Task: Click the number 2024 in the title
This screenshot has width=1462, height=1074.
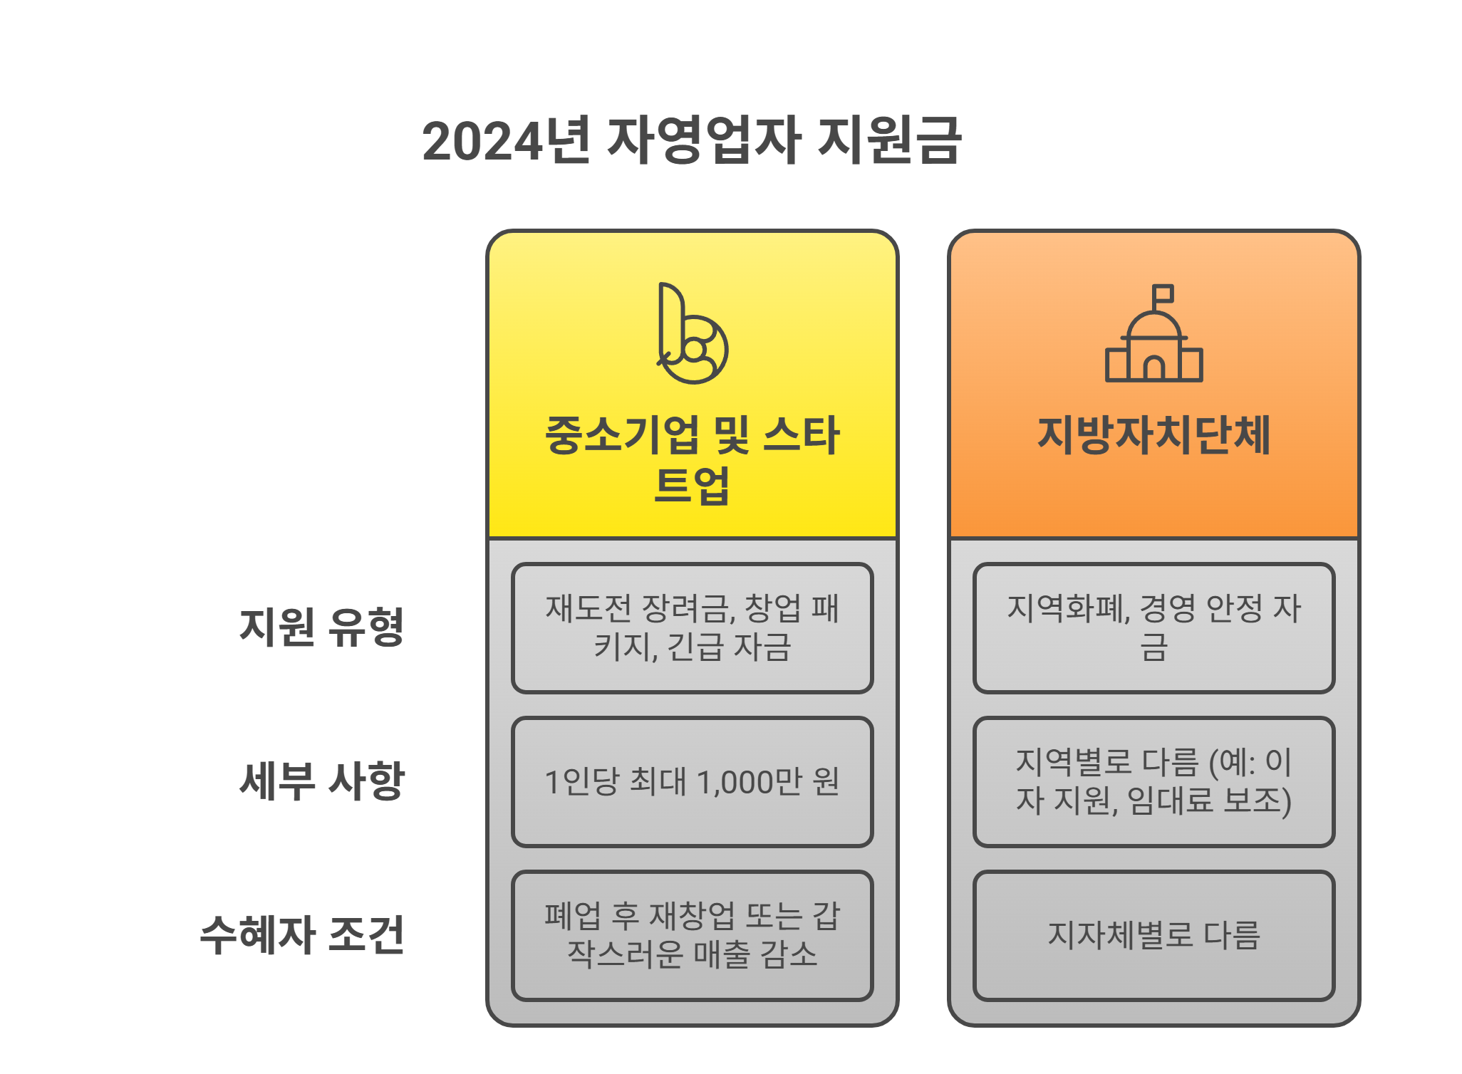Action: tap(482, 141)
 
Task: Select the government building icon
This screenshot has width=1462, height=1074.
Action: tap(1153, 342)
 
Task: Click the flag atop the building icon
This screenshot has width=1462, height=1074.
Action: tap(1163, 293)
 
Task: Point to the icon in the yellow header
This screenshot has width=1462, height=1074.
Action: tap(692, 334)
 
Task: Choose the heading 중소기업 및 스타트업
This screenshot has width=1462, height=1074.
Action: tap(692, 459)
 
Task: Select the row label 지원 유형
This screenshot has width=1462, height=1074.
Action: tap(321, 627)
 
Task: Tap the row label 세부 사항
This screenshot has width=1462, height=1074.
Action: tap(321, 781)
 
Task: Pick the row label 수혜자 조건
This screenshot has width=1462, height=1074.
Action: tap(302, 935)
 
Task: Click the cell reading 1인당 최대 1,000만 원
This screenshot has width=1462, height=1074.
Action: tap(692, 782)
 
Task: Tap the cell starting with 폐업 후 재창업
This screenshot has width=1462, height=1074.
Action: tap(692, 935)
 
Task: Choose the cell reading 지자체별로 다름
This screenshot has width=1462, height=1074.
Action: tap(1153, 935)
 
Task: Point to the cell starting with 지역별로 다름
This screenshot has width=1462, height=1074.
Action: tap(1153, 782)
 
